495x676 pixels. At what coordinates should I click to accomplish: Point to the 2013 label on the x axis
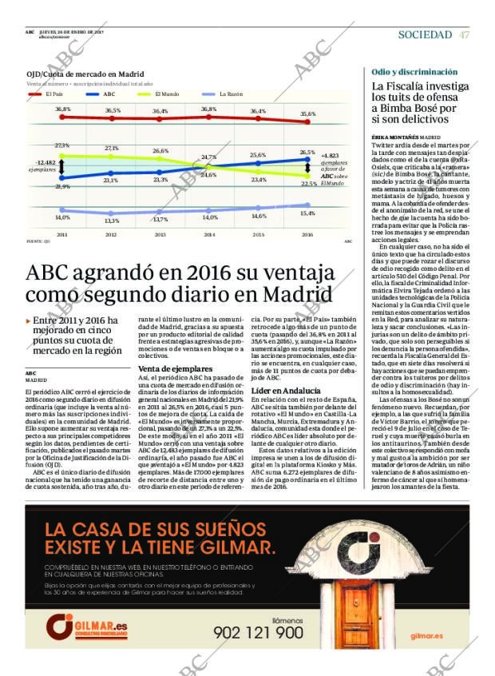160,235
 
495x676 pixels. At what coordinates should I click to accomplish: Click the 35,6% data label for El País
307,113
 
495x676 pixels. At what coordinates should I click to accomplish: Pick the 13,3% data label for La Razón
112,221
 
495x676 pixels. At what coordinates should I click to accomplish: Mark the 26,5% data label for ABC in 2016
307,152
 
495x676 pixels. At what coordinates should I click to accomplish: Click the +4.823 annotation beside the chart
330,156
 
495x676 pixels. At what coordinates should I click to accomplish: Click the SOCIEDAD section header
425,34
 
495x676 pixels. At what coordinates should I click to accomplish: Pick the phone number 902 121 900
259,632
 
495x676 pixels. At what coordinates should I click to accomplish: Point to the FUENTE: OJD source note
39,241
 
